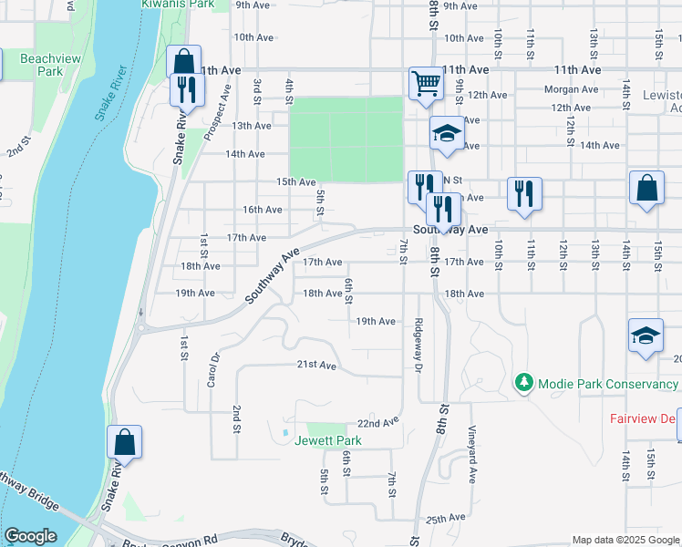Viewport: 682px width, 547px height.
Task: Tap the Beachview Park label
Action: point(41,64)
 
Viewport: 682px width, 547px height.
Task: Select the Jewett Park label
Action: point(327,441)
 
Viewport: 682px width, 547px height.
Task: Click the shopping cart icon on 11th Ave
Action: point(425,84)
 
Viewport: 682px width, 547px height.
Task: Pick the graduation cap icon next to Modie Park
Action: point(646,335)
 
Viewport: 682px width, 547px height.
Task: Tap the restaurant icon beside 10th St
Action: point(523,193)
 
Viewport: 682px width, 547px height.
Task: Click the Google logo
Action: point(31,536)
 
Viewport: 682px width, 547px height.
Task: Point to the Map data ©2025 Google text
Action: point(625,540)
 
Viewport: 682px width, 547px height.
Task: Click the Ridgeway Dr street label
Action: point(418,345)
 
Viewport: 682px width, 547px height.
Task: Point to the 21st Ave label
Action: point(316,365)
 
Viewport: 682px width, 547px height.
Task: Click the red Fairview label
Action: point(644,419)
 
